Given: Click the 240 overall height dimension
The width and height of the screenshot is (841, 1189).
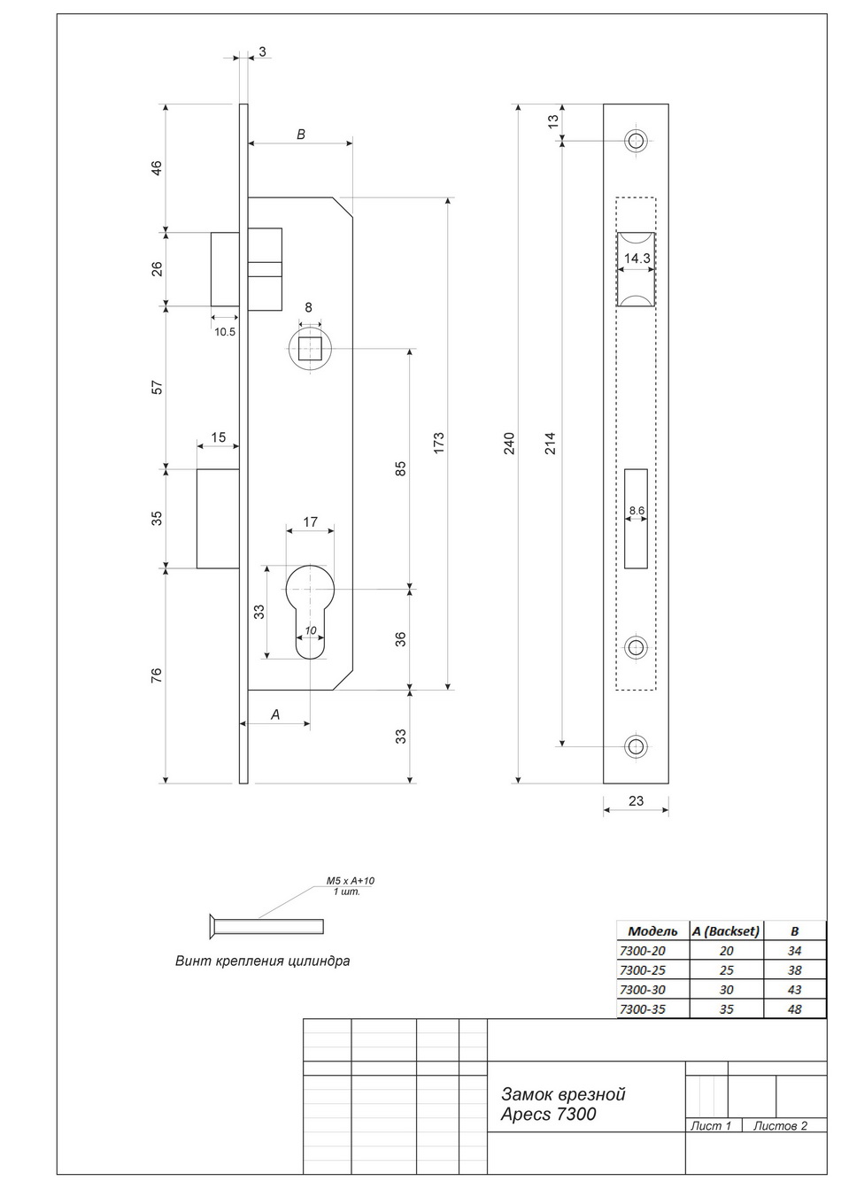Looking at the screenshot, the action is pyautogui.click(x=508, y=444).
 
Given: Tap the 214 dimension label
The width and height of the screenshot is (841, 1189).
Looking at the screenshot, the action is pyautogui.click(x=551, y=444).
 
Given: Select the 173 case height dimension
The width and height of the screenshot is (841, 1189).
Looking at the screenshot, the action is pyautogui.click(x=438, y=444).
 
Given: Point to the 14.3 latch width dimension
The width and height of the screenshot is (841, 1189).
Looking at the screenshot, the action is pyautogui.click(x=637, y=259).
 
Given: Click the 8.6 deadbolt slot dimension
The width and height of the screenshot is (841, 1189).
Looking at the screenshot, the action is pyautogui.click(x=637, y=510).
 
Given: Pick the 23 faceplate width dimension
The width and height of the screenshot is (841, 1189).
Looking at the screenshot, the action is pyautogui.click(x=636, y=800).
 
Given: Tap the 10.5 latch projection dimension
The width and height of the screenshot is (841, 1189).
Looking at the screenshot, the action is pyautogui.click(x=225, y=332).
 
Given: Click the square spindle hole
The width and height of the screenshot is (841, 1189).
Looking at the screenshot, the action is pyautogui.click(x=310, y=349).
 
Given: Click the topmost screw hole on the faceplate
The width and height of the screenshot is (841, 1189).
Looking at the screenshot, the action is pyautogui.click(x=636, y=141).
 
